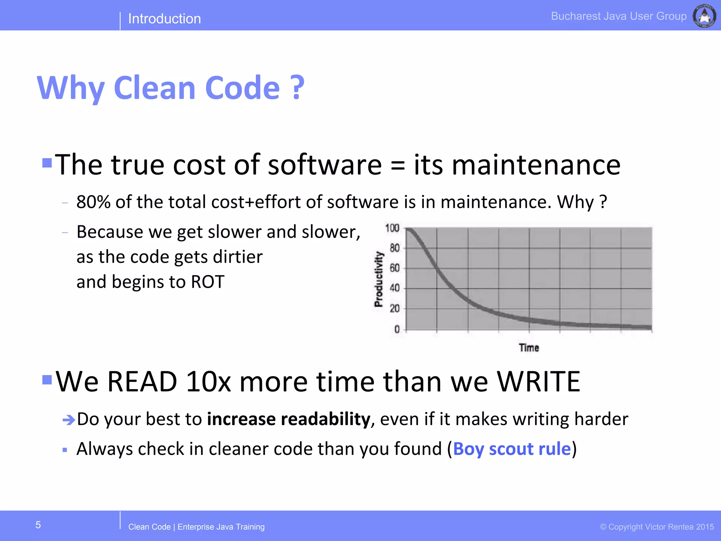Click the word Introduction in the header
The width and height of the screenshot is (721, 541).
[164, 19]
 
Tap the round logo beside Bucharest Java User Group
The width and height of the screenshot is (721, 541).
[704, 16]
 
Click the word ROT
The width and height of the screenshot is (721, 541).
[207, 282]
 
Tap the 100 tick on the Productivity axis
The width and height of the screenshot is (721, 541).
[392, 228]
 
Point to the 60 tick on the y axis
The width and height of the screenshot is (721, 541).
[395, 268]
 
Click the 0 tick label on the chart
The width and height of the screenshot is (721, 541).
[397, 329]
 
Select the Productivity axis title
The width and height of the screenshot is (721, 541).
[378, 279]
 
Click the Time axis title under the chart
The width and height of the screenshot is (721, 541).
[529, 348]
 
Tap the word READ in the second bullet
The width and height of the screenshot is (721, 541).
[142, 382]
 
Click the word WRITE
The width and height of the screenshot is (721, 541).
[538, 382]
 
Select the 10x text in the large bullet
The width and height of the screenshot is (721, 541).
[208, 382]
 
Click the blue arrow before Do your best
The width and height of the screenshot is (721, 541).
[69, 420]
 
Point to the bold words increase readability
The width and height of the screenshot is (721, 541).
[288, 419]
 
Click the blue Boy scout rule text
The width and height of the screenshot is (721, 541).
[512, 449]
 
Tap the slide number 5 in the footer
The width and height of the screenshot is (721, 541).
[38, 525]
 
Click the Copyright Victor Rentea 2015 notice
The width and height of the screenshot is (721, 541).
[657, 527]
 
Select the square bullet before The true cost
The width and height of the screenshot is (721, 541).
[47, 163]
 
